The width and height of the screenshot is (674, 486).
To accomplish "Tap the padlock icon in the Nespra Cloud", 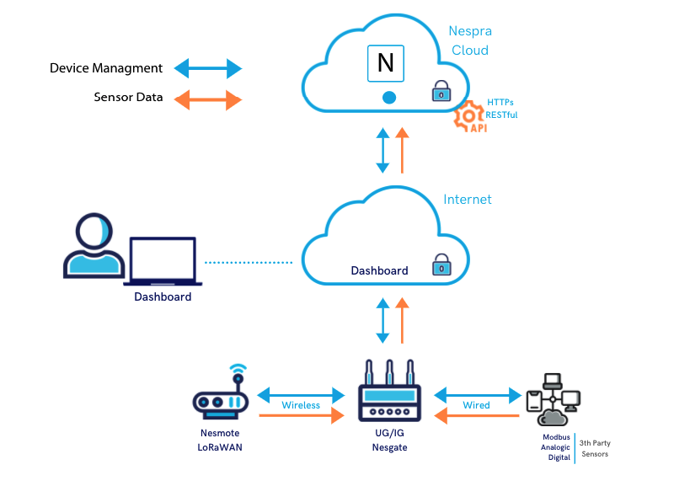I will [x=441, y=91].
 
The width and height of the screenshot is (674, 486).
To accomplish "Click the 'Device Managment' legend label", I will [x=106, y=68].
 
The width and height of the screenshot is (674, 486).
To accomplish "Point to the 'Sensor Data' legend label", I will [x=129, y=98].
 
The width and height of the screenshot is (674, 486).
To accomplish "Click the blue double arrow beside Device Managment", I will [x=207, y=68].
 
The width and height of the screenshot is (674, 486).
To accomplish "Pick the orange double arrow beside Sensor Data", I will [x=207, y=99].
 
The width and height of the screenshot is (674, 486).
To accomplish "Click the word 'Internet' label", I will [x=468, y=200].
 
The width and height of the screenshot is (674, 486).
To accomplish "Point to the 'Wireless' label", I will [x=301, y=405].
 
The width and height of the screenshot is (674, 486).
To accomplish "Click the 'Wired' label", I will [x=477, y=405].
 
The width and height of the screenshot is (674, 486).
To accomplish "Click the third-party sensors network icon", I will [x=553, y=398].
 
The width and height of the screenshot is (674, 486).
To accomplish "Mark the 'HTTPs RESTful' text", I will [x=501, y=109].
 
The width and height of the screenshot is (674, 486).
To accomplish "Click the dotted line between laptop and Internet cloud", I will [x=249, y=263].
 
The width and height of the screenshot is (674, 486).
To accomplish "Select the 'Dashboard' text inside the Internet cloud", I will [x=379, y=271].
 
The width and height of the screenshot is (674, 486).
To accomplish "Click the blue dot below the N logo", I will [x=388, y=98].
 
